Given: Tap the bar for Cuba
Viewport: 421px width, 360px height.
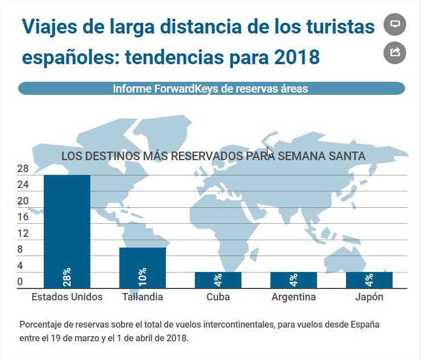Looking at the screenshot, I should pos(218,279).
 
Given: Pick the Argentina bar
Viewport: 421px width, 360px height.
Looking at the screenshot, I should pos(294,279).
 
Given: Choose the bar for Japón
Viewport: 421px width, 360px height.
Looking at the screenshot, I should pos(369,279).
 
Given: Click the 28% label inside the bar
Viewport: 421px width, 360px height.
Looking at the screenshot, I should pos(67,277).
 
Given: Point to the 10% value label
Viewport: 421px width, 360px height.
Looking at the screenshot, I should pos(142,277).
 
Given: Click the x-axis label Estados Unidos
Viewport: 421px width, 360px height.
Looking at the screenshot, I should pos(67,297).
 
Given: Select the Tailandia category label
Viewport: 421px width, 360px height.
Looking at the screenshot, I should pos(142,297).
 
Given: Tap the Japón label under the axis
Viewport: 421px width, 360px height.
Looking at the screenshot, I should pos(369,297).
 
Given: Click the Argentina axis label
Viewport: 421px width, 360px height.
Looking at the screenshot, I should pos(294,297).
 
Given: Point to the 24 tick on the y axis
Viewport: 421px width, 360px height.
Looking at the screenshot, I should pos(23,185).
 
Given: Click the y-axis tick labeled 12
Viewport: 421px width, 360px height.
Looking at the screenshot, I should pos(23,233).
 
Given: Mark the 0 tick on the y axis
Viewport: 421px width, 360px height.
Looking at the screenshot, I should pos(20,282).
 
